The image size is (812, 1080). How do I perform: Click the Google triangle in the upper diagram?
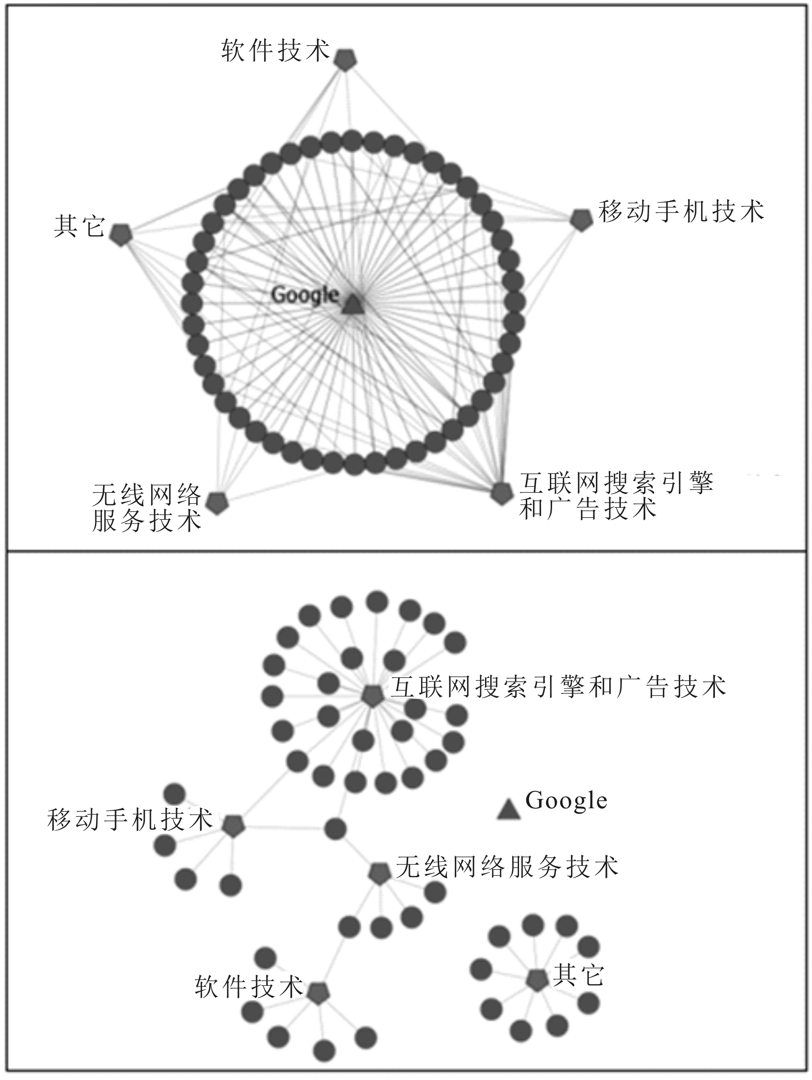[353, 305]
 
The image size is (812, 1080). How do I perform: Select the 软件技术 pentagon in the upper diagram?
[345, 60]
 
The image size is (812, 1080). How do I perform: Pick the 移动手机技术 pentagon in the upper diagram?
[581, 220]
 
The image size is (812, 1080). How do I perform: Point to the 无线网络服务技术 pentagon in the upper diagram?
[217, 503]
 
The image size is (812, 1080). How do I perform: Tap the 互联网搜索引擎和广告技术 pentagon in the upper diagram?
[501, 494]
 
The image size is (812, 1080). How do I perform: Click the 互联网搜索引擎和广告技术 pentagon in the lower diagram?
[372, 696]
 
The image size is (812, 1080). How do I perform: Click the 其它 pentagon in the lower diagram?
[537, 979]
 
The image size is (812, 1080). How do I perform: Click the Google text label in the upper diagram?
[305, 295]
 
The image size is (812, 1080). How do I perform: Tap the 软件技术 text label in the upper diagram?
[276, 51]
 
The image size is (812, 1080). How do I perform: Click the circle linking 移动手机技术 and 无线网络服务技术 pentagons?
[335, 828]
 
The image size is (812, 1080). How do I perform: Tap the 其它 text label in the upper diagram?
[79, 226]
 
